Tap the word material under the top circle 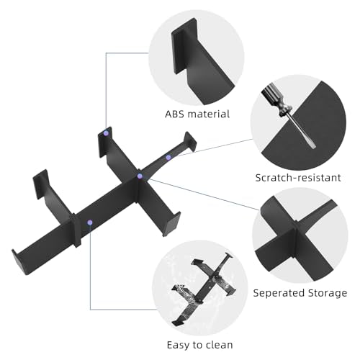[x=209, y=114]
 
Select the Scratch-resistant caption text [x=298, y=178]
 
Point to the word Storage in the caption [x=328, y=294]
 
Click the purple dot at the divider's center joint [x=140, y=176]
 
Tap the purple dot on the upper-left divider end [x=106, y=133]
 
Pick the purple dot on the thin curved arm [x=168, y=158]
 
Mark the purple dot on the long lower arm [x=90, y=222]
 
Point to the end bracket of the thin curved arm [x=190, y=141]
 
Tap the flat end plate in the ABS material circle [x=184, y=45]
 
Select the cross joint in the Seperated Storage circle [x=296, y=238]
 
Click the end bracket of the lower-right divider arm [x=172, y=224]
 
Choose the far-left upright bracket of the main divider [x=40, y=184]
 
